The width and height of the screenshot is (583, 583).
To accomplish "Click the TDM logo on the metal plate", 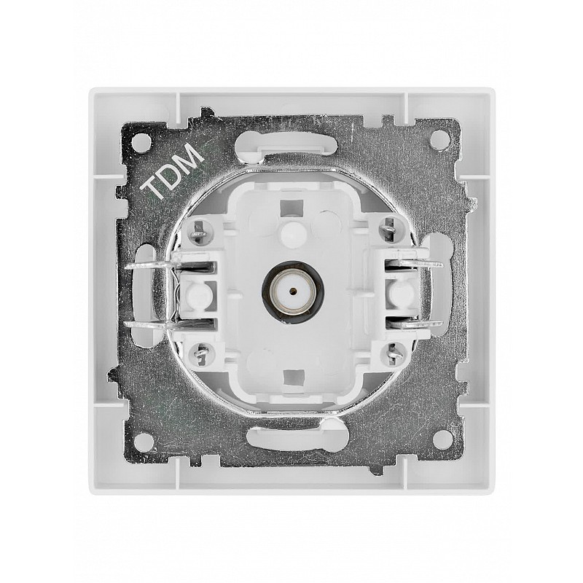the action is pyautogui.click(x=174, y=171).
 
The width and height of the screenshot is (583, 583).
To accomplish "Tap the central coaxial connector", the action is pyautogui.click(x=293, y=289).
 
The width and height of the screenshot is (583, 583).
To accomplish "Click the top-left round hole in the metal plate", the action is pyautogui.click(x=141, y=141).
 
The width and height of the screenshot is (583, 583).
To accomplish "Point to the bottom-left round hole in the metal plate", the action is pyautogui.click(x=143, y=442).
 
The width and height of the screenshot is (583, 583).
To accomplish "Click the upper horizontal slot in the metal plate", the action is pyautogui.click(x=286, y=144).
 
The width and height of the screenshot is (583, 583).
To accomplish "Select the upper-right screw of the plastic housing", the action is pyautogui.click(x=388, y=230).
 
